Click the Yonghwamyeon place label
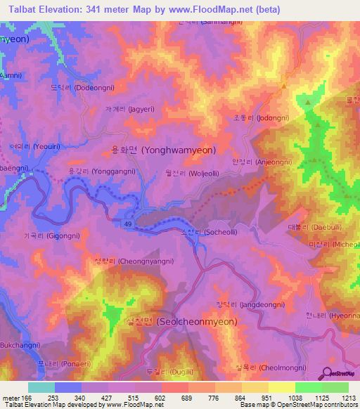coord(164,150)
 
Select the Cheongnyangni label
coord(128,261)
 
